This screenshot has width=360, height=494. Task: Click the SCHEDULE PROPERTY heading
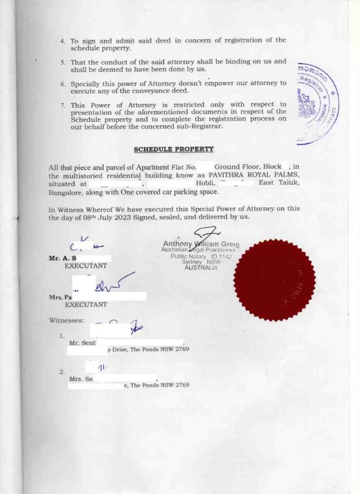point(174,150)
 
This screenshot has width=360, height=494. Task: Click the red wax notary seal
point(275,280)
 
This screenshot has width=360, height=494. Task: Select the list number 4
point(63,41)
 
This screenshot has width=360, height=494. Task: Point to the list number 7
point(63,105)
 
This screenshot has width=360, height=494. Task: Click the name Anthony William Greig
point(201,244)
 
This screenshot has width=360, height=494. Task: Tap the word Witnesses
point(66,320)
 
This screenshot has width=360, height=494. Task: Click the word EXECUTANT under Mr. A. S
point(86,266)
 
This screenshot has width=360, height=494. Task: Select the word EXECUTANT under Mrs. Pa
point(86,305)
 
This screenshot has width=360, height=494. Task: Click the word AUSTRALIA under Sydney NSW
point(201,268)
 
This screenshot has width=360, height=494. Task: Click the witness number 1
point(62,336)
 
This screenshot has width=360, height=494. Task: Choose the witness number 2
point(62,372)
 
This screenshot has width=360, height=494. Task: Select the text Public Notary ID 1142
point(201,257)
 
